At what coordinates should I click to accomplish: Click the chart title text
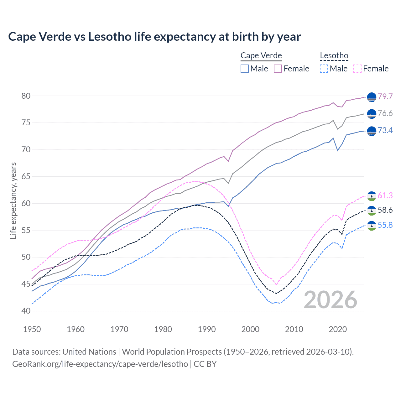154,37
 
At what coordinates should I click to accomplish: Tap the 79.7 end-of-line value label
385,96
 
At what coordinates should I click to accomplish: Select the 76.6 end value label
385,113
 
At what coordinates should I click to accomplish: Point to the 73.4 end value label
385,130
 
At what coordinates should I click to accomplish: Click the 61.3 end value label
385,196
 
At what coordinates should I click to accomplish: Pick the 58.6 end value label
385,210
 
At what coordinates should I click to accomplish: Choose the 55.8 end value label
385,225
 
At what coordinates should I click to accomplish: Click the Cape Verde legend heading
261,56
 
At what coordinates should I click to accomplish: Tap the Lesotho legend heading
334,56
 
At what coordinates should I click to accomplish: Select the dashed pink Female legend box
357,69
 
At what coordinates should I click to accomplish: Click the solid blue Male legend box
245,69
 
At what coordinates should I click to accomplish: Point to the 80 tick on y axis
26,96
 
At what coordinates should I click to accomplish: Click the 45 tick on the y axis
26,284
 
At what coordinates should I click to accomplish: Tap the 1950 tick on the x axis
32,329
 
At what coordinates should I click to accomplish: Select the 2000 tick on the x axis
250,329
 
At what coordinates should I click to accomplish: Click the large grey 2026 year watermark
331,300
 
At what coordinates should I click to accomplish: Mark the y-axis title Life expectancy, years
13,200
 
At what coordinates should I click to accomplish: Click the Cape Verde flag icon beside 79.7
372,97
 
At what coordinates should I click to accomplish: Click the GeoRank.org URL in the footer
100,364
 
